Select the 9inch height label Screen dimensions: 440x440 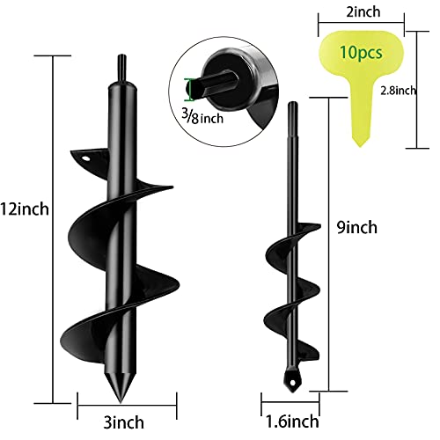coord(356,227)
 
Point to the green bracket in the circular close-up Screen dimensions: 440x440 coord(187,89)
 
